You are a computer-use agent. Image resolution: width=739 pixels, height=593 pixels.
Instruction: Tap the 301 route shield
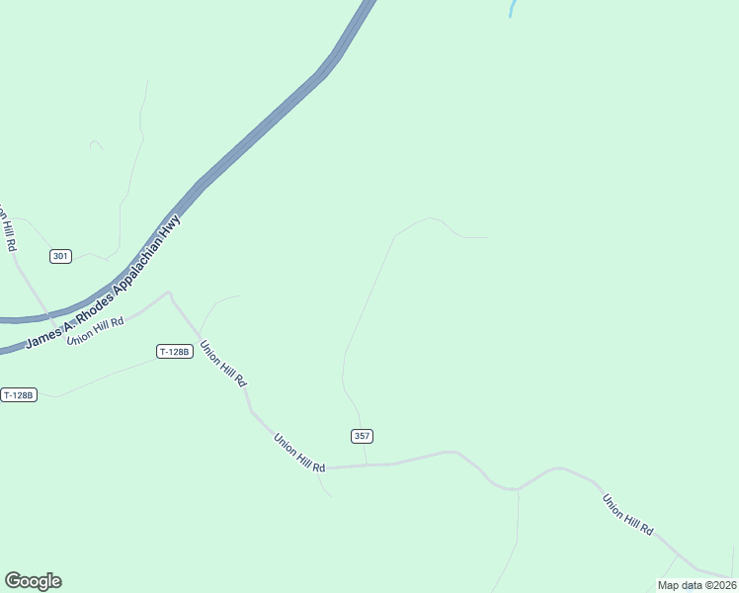pyautogui.click(x=61, y=256)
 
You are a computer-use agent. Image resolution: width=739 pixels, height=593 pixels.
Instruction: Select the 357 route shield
pyautogui.click(x=362, y=436)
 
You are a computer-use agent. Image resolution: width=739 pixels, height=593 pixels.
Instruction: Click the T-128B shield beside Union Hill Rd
pyautogui.click(x=174, y=351)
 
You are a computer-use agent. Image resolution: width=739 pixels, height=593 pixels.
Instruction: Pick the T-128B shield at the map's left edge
pyautogui.click(x=19, y=395)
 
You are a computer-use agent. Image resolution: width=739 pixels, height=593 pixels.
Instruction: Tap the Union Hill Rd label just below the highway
pyautogui.click(x=95, y=330)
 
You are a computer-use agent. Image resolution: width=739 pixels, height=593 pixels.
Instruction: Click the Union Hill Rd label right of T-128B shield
pyautogui.click(x=223, y=364)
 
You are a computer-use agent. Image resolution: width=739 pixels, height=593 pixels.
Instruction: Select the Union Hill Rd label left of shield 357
pyautogui.click(x=299, y=453)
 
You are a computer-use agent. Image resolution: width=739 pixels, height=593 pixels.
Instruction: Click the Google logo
pyautogui.click(x=33, y=581)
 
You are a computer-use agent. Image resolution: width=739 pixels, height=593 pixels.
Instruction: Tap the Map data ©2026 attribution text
pyautogui.click(x=698, y=585)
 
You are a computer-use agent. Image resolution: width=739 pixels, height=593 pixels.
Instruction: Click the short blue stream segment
pyautogui.click(x=512, y=9)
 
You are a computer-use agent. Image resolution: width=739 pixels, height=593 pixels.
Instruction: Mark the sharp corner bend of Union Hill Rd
pyautogui.click(x=170, y=293)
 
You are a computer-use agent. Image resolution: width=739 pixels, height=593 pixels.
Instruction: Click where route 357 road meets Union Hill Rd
pyautogui.click(x=367, y=465)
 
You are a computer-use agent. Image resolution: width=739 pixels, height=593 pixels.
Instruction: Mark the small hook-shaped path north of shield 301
pyautogui.click(x=96, y=144)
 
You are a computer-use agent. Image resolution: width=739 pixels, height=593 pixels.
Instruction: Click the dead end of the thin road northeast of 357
pyautogui.click(x=487, y=238)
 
